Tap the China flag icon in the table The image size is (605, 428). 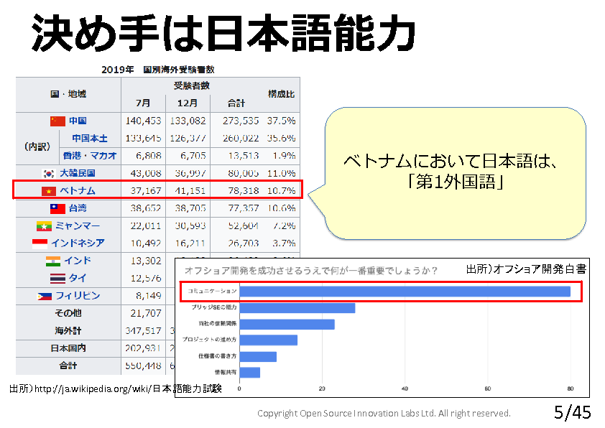coord(57,121)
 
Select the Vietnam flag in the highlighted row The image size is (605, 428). coord(49,190)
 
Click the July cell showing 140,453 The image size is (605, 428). coord(143,121)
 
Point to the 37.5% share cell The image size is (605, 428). coord(282,121)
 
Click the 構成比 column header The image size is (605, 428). coord(281,94)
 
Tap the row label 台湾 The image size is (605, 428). coord(77,208)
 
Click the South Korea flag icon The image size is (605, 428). coord(49,173)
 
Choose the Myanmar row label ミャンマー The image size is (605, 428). coord(77,225)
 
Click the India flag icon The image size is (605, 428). coord(53,261)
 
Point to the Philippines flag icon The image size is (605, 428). coord(44,296)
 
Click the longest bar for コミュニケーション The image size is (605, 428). coord(405,292)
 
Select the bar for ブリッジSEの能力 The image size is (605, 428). coord(297,307)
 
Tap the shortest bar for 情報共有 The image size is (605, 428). coord(249,372)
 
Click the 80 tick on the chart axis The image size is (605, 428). coord(571,389)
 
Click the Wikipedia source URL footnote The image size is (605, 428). coord(115,389)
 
